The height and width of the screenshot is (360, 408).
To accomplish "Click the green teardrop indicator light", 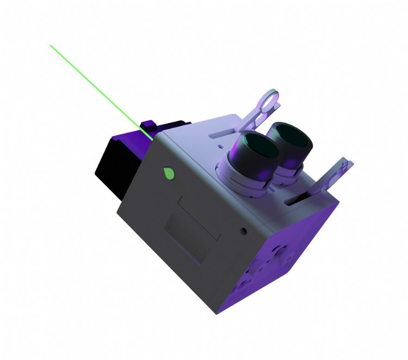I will pos(169,173).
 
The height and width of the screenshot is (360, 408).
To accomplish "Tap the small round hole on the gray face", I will pos(243,231).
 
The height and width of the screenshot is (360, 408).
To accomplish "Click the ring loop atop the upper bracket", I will pos(268,100).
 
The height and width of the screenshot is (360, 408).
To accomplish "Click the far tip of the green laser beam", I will pos(51,46).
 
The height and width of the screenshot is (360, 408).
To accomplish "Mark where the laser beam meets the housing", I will pos(152,138).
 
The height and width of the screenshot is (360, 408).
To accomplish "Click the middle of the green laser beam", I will pos(101,91).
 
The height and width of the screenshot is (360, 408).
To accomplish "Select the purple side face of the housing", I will pos(288,256).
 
